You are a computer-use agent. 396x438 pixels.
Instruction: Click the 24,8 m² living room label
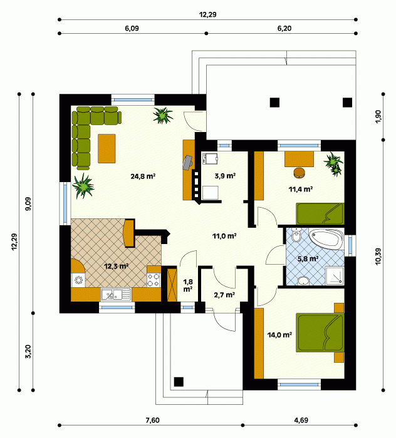click(x=143, y=176)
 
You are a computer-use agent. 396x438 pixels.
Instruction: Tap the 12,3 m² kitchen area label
click(x=117, y=266)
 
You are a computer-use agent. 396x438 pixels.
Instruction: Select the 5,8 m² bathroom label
click(x=308, y=258)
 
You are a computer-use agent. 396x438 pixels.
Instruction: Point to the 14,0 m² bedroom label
click(x=279, y=335)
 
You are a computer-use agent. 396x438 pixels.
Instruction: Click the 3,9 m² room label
click(x=225, y=176)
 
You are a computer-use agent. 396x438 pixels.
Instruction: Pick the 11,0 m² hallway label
click(x=224, y=236)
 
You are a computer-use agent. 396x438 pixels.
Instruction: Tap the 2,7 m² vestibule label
click(x=224, y=295)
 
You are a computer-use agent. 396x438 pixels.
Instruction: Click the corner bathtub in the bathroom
click(x=326, y=240)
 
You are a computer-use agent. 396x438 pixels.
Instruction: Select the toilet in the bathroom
click(x=296, y=236)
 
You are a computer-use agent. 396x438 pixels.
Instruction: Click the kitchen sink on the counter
click(x=116, y=295)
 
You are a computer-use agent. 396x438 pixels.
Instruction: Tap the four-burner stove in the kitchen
click(x=154, y=280)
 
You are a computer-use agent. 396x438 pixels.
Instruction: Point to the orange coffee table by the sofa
click(x=107, y=148)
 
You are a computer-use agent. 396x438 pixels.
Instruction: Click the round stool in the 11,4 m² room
click(x=300, y=172)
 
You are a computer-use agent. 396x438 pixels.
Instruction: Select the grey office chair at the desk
click(x=187, y=162)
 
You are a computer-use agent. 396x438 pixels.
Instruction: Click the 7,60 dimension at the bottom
click(x=153, y=420)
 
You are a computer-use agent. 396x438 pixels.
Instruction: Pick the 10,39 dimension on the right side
click(x=378, y=257)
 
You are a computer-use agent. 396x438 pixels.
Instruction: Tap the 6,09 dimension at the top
click(x=132, y=28)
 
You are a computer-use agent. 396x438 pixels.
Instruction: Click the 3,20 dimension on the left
click(x=28, y=352)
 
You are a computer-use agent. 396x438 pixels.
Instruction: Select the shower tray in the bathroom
click(x=335, y=276)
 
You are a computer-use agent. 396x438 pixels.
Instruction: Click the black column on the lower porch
click(x=179, y=382)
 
